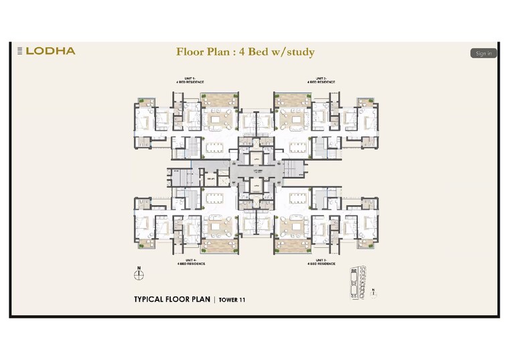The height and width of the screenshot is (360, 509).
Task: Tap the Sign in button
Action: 483,53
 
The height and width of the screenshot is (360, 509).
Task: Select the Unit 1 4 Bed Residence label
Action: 186,80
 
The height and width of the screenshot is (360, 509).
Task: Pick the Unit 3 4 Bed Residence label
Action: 321,263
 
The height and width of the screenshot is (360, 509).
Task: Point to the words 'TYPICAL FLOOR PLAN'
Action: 172,300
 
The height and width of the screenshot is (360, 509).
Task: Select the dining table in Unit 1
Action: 215,146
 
